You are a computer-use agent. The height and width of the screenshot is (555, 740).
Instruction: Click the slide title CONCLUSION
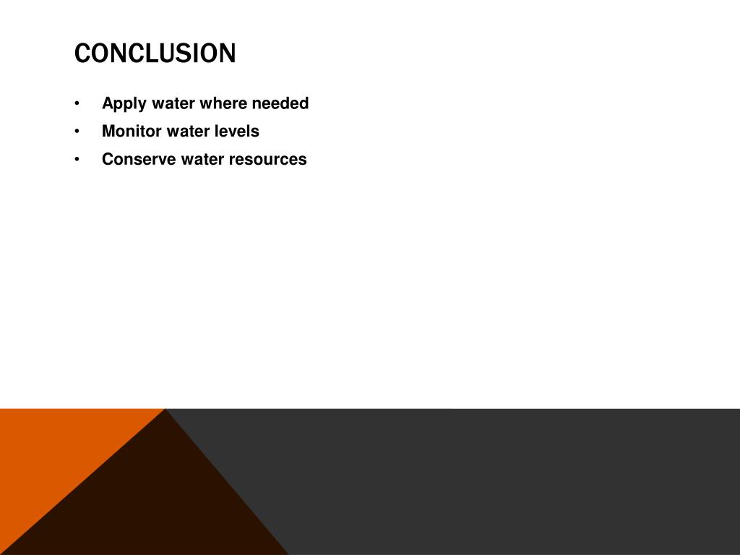pyautogui.click(x=155, y=53)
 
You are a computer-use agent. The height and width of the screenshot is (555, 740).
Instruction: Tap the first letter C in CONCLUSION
pyautogui.click(x=81, y=53)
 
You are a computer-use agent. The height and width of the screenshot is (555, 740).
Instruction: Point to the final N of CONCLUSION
pyautogui.click(x=228, y=53)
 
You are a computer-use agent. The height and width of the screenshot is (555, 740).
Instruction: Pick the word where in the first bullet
pyautogui.click(x=223, y=103)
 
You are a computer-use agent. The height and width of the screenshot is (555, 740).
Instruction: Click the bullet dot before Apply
pyautogui.click(x=77, y=104)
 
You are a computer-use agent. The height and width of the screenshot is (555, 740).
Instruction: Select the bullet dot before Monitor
pyautogui.click(x=77, y=132)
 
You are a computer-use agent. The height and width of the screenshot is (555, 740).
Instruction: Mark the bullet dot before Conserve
pyautogui.click(x=77, y=160)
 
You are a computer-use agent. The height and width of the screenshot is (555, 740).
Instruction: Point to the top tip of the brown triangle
pyautogui.click(x=165, y=410)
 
